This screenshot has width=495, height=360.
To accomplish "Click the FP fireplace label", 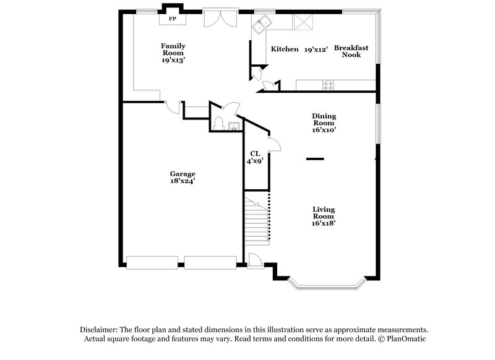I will point(173,19).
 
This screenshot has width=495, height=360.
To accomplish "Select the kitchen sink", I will point(261,25).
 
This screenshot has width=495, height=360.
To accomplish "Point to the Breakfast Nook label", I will point(351,51).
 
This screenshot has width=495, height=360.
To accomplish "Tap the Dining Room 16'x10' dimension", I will point(324,130).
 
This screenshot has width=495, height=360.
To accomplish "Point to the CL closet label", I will point(255,153).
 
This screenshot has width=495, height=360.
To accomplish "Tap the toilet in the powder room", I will point(218,124).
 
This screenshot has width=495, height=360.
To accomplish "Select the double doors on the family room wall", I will point(219,18).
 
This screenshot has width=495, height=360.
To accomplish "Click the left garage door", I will point(152,263).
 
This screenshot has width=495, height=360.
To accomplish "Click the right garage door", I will point(211,263).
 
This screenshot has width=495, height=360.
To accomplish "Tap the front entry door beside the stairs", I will point(254,260).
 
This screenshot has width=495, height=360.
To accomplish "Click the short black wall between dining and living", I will point(316,159).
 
